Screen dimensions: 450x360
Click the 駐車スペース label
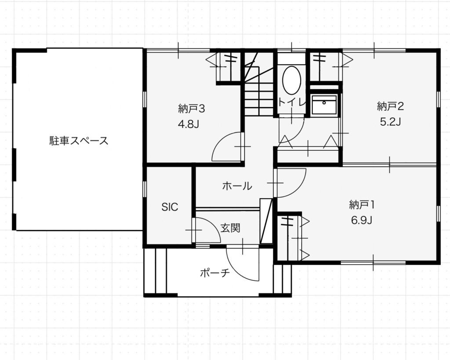[x=79, y=141]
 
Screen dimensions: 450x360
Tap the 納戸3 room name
[x=191, y=109]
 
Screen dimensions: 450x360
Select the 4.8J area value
[x=189, y=124]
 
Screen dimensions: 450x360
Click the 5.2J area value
[x=390, y=122]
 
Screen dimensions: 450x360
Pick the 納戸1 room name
[x=362, y=205]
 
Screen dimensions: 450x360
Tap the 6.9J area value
[x=362, y=220]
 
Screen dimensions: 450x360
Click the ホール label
[x=237, y=186]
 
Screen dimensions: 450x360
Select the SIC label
[x=170, y=207]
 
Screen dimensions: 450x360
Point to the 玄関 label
[x=230, y=228]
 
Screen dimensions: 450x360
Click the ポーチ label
[x=215, y=273]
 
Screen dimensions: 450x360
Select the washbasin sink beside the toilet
[x=324, y=105]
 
